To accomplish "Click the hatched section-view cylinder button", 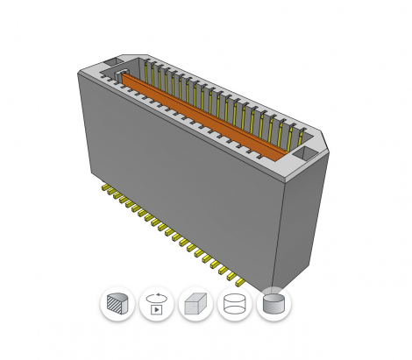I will point(117,304).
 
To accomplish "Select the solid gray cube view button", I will point(195,304).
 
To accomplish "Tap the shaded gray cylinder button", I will point(273,304).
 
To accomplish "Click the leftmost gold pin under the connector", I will point(104,187).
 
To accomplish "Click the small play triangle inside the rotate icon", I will point(157,308).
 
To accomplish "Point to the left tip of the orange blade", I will point(125,76).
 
